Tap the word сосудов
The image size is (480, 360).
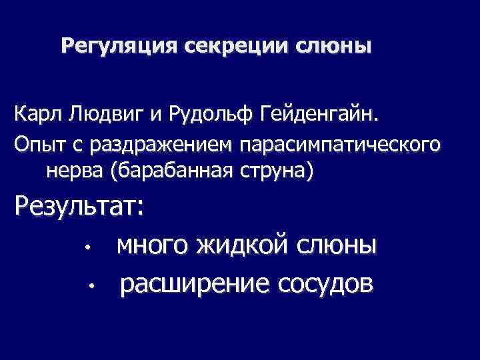(325, 285)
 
